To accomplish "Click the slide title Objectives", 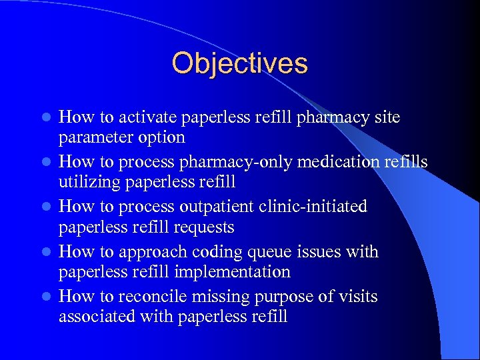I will point(239,63).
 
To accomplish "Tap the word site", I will point(387,117).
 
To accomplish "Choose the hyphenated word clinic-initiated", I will point(312,207).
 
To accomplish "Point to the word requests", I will point(203,227).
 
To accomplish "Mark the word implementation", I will point(232,272).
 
